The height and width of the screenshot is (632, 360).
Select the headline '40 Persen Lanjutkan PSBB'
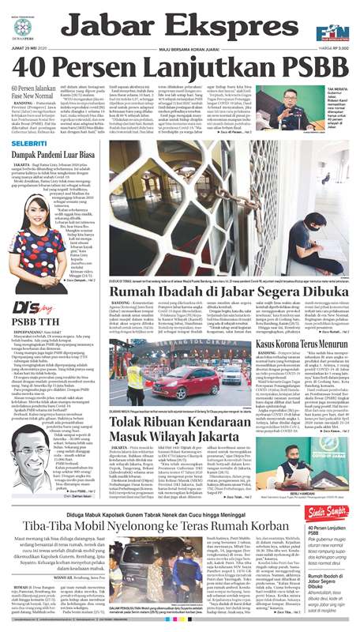pos(179,66)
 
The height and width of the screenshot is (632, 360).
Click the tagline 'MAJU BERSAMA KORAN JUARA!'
pos(179,48)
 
